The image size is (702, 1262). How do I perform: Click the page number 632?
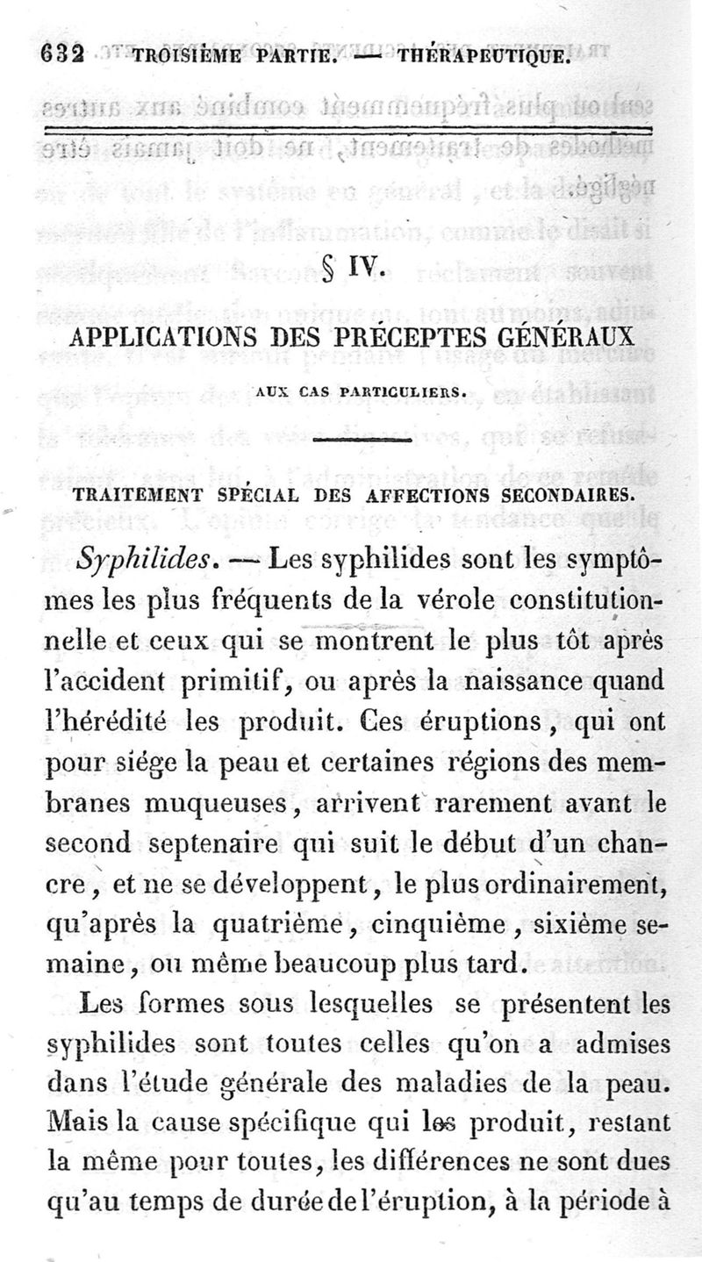[61, 57]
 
